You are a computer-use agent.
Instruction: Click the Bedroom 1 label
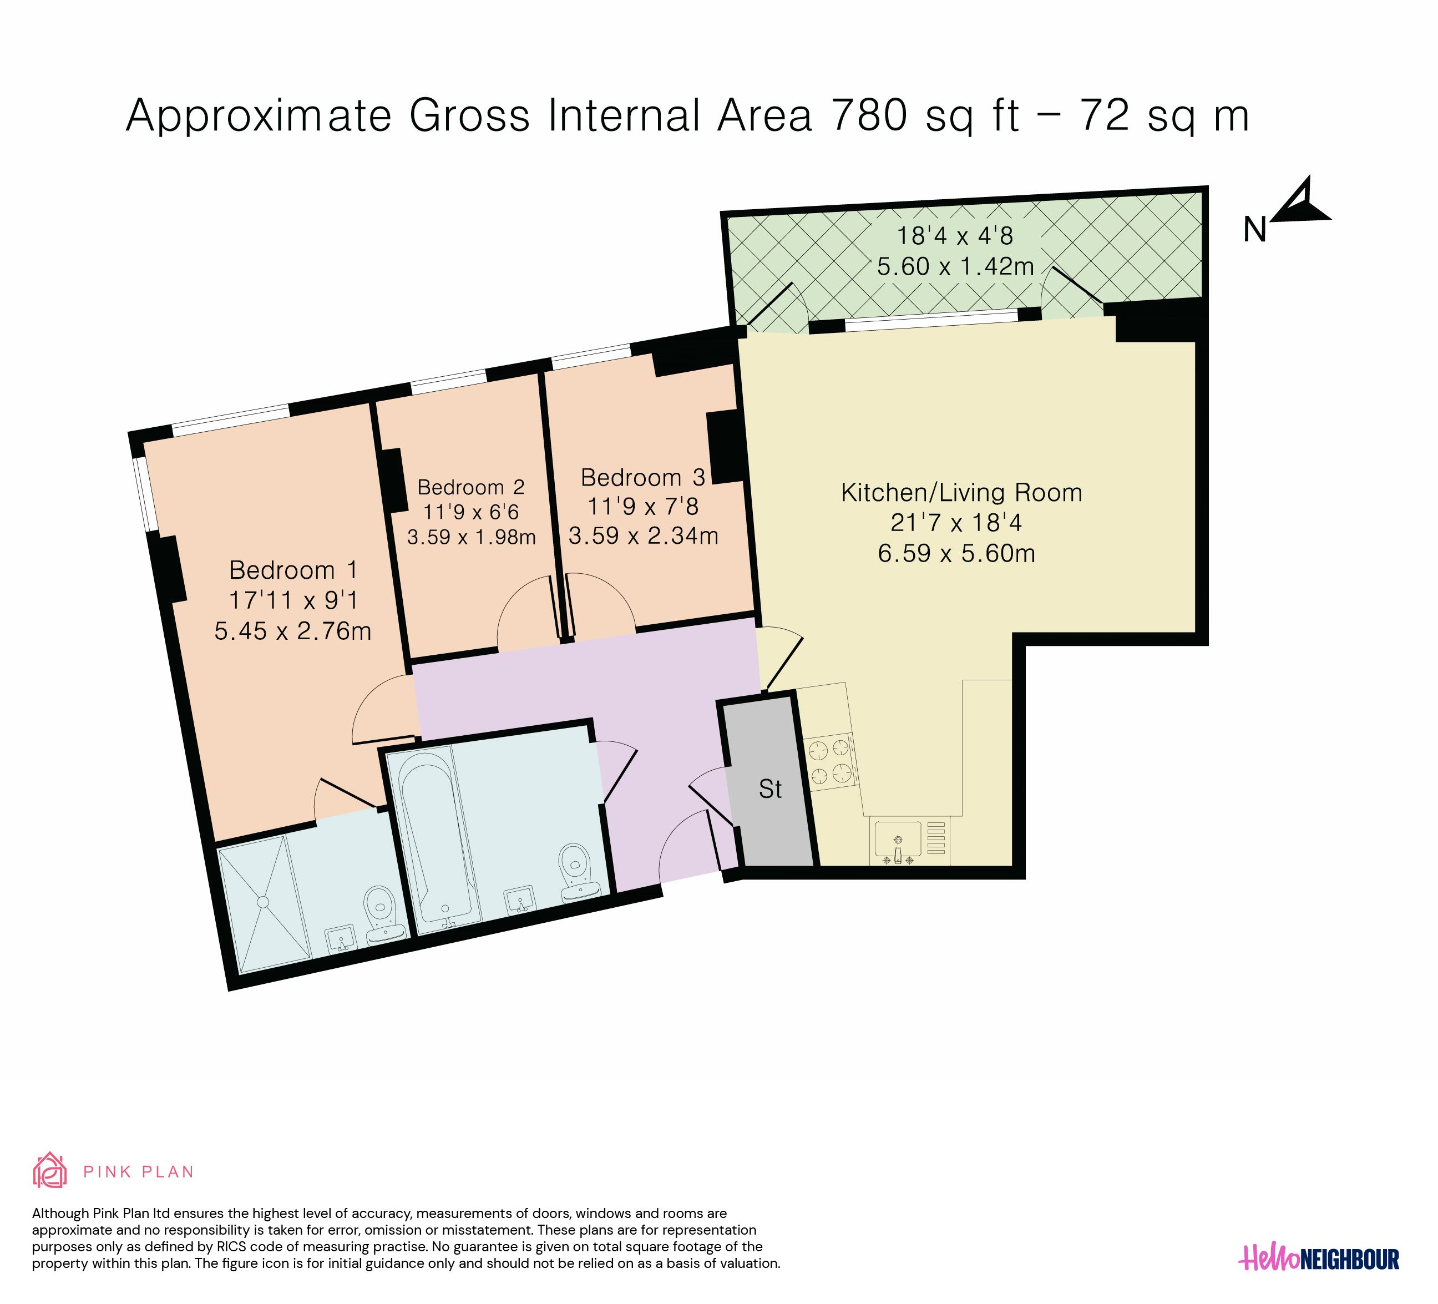293,570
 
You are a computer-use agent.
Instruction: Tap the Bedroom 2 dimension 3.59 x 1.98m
472,537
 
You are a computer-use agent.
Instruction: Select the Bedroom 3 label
642,477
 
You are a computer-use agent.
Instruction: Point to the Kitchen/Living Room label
961,493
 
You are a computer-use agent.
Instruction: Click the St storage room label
771,789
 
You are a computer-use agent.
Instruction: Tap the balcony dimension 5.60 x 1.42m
955,267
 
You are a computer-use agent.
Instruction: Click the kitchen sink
898,842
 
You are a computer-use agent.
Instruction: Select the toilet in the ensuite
382,915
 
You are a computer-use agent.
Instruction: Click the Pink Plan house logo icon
50,1171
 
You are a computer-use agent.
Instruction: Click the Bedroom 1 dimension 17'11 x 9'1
293,600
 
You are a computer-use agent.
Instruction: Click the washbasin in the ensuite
342,939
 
